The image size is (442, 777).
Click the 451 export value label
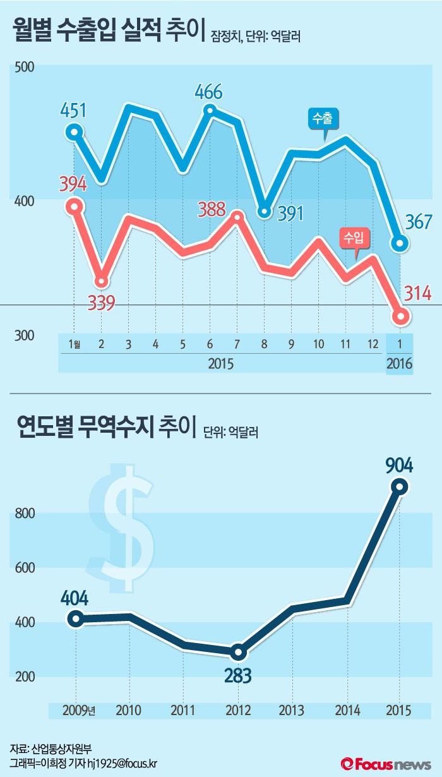pyautogui.click(x=73, y=110)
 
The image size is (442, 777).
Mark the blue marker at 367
pyautogui.click(x=400, y=243)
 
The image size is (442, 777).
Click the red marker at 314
pyautogui.click(x=400, y=316)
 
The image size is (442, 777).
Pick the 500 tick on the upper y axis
pyautogui.click(x=24, y=68)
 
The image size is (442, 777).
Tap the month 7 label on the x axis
pyautogui.click(x=236, y=344)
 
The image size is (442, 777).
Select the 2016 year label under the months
pyautogui.click(x=400, y=364)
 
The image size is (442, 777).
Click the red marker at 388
pyautogui.click(x=236, y=217)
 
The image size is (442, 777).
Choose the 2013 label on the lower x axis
pyautogui.click(x=292, y=709)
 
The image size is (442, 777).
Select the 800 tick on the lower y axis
pyautogui.click(x=25, y=514)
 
